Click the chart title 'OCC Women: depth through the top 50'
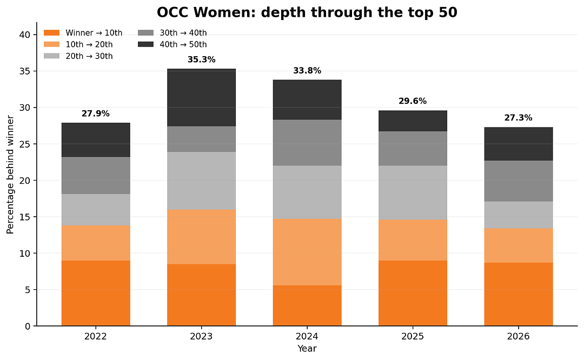[307, 12]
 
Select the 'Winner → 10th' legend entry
[83, 33]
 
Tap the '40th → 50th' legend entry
[172, 45]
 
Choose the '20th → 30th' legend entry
[78, 56]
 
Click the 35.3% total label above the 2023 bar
[202, 59]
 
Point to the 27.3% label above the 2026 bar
[519, 118]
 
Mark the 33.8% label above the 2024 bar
[307, 71]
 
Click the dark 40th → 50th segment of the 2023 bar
[202, 97]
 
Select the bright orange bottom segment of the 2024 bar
[307, 305]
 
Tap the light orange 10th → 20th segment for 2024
[307, 252]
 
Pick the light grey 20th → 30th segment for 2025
[413, 193]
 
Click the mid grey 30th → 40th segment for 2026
[519, 181]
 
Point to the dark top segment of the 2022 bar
[96, 140]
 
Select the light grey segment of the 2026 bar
[519, 215]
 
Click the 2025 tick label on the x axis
[413, 337]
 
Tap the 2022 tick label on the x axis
[96, 337]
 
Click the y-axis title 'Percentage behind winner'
[10, 175]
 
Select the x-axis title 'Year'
[307, 349]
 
